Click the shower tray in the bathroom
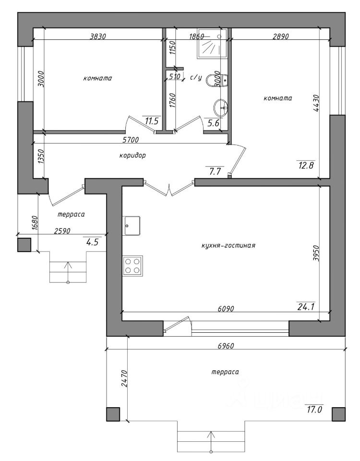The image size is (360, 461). point(212,43)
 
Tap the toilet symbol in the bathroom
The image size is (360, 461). point(217,80)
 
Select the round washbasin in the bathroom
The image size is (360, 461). point(221,108)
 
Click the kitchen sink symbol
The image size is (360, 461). point(132,226)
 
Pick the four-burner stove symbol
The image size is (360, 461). point(133,266)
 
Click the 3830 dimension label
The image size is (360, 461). point(97,36)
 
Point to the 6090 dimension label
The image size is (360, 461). point(226,309)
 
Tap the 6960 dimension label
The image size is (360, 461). point(226,346)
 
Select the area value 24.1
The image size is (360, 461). point(306,307)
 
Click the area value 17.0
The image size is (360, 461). point(314,409)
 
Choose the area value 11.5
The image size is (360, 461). point(152,121)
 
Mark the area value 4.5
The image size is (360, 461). point(92,242)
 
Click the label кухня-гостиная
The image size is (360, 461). point(228,245)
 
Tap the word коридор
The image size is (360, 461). point(132,155)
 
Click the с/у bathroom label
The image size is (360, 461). point(196,78)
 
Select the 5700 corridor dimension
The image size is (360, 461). point(130,140)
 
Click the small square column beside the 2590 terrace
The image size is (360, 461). point(24,244)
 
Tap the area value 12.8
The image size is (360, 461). point(306,165)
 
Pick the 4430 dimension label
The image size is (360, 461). point(316,103)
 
